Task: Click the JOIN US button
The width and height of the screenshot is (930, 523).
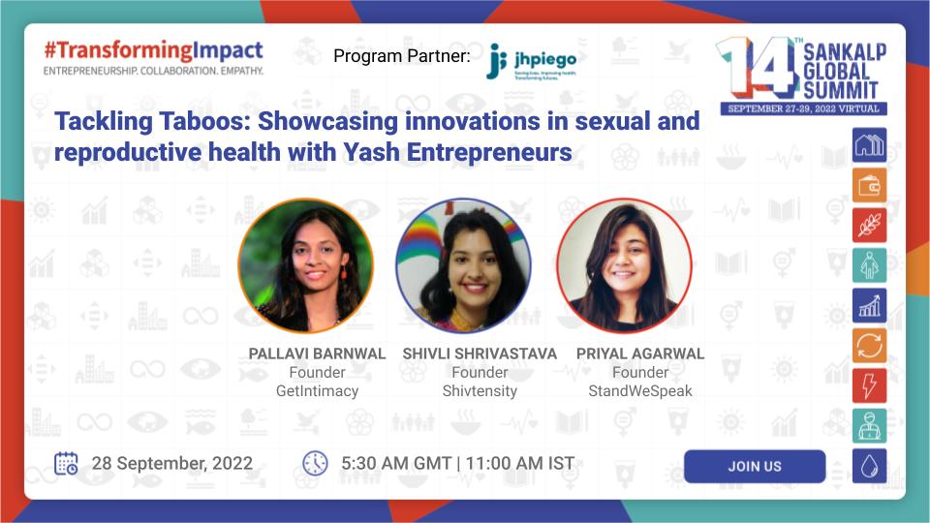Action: click(x=754, y=466)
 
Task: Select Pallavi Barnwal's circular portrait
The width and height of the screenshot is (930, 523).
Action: click(x=305, y=265)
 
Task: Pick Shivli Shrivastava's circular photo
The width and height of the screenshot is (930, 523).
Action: click(x=464, y=265)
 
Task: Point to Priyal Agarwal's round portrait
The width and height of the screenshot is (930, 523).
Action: click(x=624, y=265)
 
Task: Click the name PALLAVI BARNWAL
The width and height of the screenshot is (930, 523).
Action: click(x=317, y=354)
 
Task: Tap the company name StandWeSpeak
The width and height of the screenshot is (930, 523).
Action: click(x=639, y=391)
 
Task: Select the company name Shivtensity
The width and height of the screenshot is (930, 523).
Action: click(x=480, y=391)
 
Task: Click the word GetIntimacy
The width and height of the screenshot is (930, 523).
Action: click(x=317, y=391)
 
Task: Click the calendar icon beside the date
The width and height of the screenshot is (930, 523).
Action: click(x=66, y=463)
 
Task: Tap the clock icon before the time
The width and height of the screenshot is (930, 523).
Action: click(x=315, y=463)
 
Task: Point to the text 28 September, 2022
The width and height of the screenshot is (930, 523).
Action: click(x=171, y=463)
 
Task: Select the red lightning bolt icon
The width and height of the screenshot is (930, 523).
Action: click(x=869, y=385)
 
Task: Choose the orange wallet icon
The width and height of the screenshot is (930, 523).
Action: click(x=869, y=185)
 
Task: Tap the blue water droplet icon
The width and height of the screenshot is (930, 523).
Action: click(x=869, y=466)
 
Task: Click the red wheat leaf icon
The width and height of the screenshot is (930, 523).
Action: click(x=869, y=225)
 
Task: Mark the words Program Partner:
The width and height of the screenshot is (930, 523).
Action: click(x=401, y=56)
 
